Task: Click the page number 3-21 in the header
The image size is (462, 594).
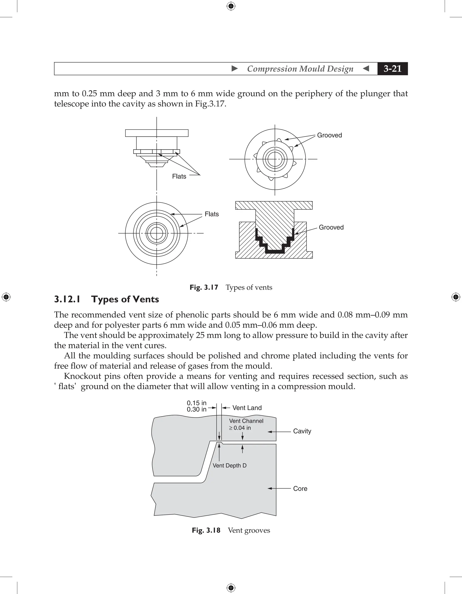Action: pos(392,69)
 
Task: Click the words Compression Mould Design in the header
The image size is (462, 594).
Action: pos(300,69)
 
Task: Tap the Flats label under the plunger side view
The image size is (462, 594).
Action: pos(179,176)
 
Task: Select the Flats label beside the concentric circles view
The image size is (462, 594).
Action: pos(212,214)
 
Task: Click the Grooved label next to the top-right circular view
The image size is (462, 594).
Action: pos(329,135)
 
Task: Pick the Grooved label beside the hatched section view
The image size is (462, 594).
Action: pos(331,227)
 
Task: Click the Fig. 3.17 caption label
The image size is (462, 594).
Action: pos(204,287)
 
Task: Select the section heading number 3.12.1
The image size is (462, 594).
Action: pos(67,299)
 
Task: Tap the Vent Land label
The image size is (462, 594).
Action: pos(247,408)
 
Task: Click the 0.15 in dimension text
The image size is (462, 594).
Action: pos(196,403)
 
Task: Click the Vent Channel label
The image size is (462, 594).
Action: pos(246,421)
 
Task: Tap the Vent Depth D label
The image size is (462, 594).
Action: pos(229,465)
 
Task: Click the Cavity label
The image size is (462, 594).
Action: pos(302,431)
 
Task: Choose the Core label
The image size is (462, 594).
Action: pos(300,489)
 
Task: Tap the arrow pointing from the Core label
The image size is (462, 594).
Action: pos(279,489)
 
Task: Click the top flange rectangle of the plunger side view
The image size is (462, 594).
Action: pos(157,133)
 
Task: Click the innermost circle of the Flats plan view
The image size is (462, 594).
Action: pos(157,233)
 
